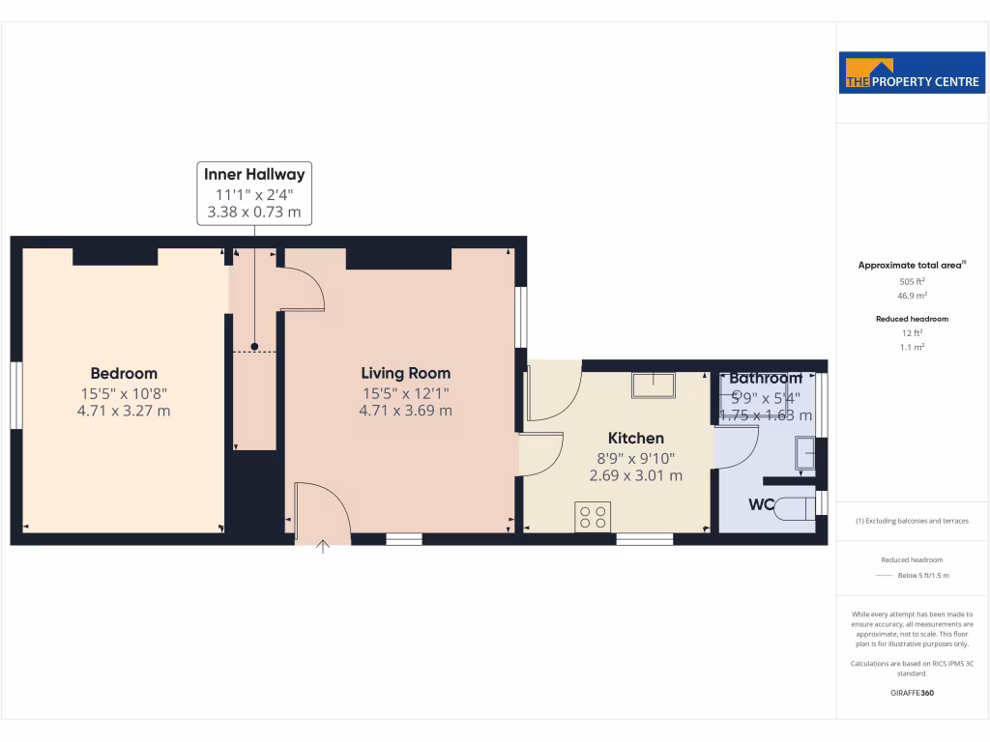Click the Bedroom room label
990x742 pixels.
point(124,374)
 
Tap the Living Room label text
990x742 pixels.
point(406,373)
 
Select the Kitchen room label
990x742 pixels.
point(636,439)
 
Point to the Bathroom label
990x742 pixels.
point(766,379)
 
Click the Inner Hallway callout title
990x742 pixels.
point(254,175)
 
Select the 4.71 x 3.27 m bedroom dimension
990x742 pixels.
point(124,411)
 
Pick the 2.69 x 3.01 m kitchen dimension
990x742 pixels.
point(636,475)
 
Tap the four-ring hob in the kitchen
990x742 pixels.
point(593,517)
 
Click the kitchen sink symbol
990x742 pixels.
point(655,385)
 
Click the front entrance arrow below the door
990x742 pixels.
point(323,548)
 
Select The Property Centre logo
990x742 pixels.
point(913,73)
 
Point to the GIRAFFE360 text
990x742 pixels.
point(912,693)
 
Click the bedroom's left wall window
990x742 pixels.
point(15,394)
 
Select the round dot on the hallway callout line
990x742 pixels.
point(254,346)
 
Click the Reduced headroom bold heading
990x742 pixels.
point(912,318)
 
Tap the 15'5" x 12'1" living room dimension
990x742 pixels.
point(406,392)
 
